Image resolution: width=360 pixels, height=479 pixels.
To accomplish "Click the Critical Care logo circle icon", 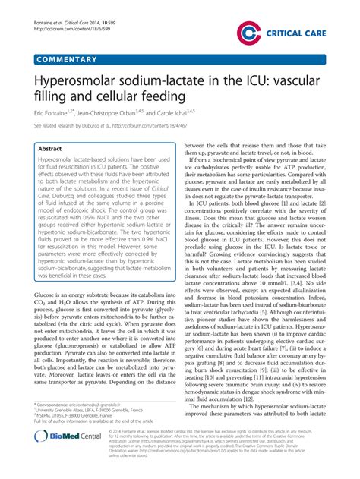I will (x=248, y=32).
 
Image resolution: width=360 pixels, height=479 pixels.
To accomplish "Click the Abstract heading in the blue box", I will (x=49, y=150).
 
